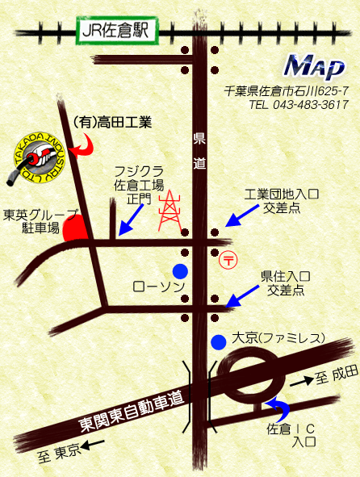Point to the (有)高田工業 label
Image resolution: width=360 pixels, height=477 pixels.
tap(112, 123)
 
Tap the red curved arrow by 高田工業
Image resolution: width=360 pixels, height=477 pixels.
tap(82, 144)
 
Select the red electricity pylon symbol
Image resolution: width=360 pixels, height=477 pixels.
tap(170, 211)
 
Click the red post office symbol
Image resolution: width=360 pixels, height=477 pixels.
tap(228, 260)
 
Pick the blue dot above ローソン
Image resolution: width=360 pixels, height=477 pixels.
tap(181, 270)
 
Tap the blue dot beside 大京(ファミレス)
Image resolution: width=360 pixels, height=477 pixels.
tap(218, 341)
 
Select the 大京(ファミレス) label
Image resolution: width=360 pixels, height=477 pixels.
tap(278, 337)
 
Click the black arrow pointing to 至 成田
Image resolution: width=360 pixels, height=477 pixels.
tap(300, 379)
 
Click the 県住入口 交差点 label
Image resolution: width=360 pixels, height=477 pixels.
tap(286, 282)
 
